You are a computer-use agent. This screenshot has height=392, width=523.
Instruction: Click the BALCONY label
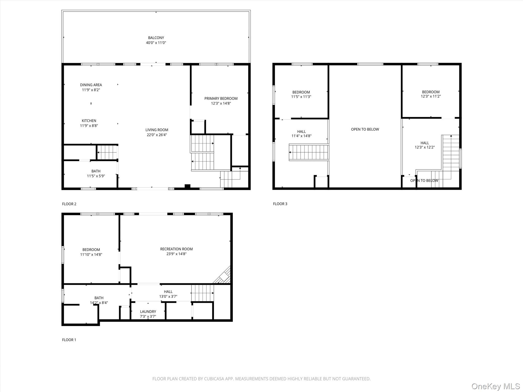point(156,38)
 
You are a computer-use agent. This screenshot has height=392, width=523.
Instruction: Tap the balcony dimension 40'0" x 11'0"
point(156,43)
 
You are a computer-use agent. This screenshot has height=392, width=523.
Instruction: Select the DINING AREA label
point(91,85)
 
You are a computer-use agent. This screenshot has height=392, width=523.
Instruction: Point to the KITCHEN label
point(89,121)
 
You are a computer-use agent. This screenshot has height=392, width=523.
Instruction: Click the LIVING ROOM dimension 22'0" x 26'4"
point(157,135)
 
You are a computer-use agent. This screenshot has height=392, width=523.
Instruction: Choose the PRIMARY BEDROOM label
point(221,99)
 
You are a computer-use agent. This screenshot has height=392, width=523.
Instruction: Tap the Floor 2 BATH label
point(96,171)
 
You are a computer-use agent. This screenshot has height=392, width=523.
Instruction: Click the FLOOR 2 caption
point(69,204)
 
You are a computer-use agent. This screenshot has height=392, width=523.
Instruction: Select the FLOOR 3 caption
point(280,204)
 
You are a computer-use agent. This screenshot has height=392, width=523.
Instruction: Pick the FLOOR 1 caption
point(69,340)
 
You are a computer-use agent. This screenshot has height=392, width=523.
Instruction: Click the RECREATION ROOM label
point(176,249)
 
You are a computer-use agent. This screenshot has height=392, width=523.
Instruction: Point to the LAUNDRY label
point(148,312)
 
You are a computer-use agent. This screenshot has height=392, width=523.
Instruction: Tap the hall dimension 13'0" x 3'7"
point(168,297)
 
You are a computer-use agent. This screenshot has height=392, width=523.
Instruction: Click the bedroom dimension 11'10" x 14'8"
point(91,254)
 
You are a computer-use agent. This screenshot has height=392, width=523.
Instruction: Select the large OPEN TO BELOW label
point(365,129)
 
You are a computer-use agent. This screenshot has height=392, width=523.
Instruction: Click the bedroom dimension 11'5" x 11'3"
point(301,97)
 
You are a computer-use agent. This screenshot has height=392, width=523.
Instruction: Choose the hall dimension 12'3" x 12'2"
point(424,147)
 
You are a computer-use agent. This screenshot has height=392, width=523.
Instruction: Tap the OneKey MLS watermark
point(495,386)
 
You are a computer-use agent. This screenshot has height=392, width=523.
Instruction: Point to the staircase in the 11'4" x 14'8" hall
point(309,152)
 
